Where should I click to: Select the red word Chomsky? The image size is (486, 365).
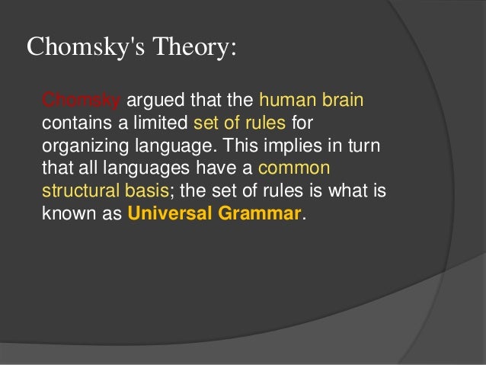(x=80, y=101)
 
